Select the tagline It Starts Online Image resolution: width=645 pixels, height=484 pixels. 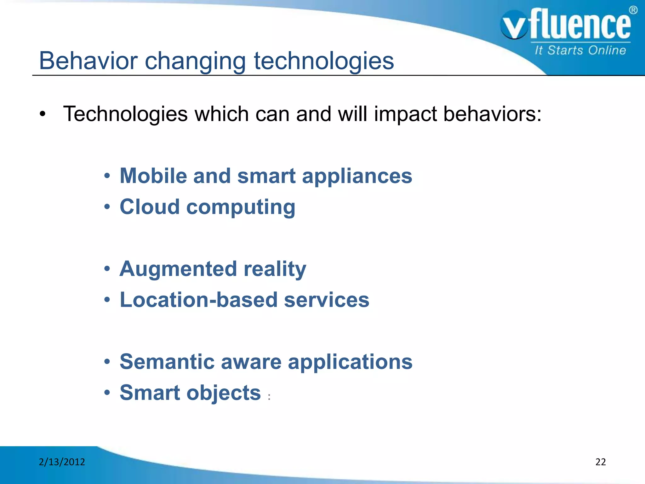point(580,50)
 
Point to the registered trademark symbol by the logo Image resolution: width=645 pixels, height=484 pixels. point(633,10)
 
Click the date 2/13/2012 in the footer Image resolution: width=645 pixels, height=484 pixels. point(62,462)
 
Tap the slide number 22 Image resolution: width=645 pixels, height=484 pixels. point(600,462)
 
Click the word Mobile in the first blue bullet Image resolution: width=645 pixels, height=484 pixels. point(153,176)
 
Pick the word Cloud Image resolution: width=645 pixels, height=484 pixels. point(150,207)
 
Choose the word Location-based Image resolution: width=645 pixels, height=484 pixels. point(198,300)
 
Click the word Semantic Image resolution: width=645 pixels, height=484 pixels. point(167,361)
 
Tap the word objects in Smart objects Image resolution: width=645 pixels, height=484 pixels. point(224,393)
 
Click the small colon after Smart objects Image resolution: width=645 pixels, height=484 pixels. point(269,397)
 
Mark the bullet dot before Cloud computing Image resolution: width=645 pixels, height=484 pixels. point(107,207)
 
